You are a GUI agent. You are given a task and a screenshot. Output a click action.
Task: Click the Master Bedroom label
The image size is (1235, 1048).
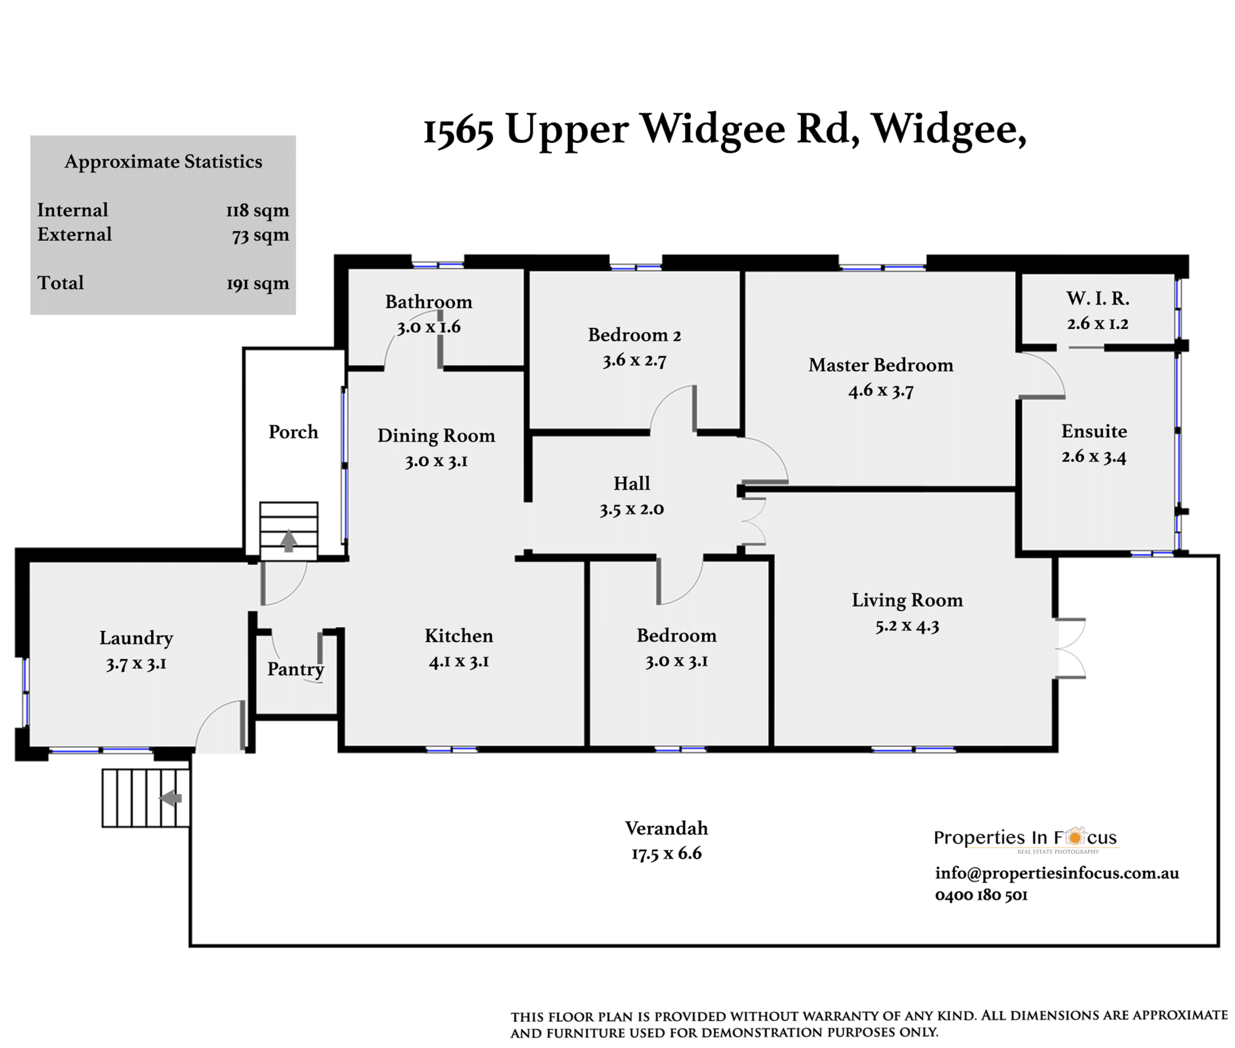click(x=881, y=365)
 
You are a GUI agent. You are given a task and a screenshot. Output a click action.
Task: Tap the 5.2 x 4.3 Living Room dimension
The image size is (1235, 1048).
click(x=907, y=626)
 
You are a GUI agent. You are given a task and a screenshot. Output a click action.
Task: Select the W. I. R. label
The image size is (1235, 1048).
click(x=1097, y=298)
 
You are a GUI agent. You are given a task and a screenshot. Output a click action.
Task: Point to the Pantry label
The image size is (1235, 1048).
click(x=295, y=669)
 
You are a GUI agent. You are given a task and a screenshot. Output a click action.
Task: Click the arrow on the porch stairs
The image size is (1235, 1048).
click(x=289, y=541)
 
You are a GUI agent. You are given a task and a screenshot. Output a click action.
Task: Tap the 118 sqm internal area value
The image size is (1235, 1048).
click(x=257, y=211)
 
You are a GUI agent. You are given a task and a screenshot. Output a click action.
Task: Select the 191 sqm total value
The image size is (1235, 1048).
click(x=257, y=283)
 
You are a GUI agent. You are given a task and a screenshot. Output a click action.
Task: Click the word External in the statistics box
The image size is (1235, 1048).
click(x=75, y=234)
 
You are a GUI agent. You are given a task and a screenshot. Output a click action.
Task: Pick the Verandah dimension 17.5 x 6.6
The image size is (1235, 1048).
click(x=666, y=854)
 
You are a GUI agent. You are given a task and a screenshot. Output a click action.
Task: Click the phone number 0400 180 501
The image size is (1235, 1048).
click(x=981, y=895)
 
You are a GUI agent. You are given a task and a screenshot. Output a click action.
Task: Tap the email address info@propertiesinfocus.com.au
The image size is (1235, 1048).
click(x=1057, y=873)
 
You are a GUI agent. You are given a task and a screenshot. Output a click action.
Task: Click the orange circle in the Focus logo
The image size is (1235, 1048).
click(x=1074, y=837)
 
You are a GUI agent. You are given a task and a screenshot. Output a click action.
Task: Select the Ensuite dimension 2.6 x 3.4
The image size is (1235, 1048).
click(x=1093, y=456)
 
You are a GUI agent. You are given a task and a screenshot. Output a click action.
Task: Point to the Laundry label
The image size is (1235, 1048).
click(x=136, y=639)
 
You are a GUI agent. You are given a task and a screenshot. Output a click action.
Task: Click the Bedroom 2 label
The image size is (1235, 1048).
click(x=634, y=335)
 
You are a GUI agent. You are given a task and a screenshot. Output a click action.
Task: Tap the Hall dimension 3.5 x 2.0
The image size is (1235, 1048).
click(x=632, y=509)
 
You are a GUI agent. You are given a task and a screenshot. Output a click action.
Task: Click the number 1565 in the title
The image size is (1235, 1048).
click(x=459, y=129)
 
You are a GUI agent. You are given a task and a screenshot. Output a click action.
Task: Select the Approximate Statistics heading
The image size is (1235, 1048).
click(x=163, y=162)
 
